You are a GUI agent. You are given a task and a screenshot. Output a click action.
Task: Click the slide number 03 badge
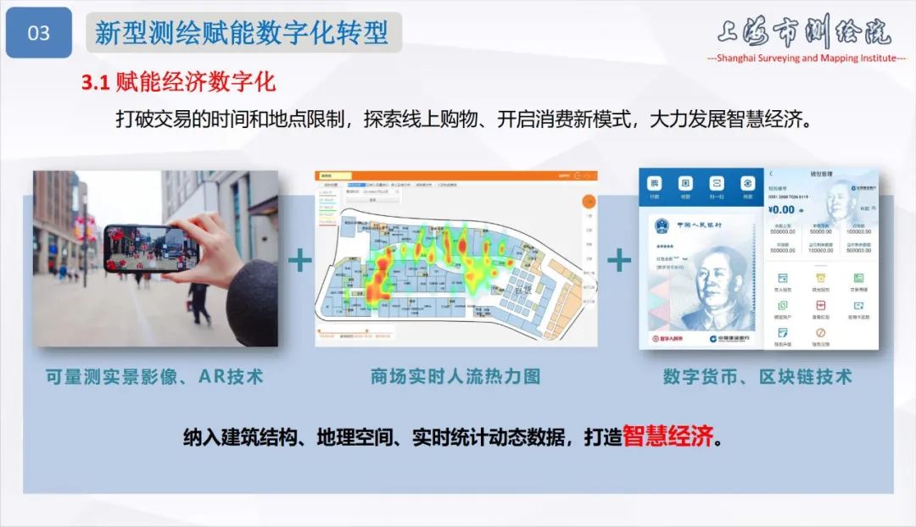39,32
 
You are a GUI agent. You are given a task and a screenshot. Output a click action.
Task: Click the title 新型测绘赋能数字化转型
242,32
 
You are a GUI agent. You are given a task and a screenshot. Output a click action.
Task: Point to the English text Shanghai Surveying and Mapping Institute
807,58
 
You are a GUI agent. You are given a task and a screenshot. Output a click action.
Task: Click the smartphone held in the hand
151,247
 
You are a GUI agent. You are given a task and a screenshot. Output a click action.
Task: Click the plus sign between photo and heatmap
300,260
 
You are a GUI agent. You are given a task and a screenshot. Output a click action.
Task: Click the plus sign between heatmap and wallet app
619,260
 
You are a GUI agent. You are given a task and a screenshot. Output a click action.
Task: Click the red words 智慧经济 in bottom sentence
667,437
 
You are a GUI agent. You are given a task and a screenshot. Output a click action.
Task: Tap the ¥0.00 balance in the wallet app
781,209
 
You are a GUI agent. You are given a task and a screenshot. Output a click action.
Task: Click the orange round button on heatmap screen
589,202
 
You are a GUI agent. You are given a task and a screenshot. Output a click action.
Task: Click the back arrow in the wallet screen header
770,175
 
